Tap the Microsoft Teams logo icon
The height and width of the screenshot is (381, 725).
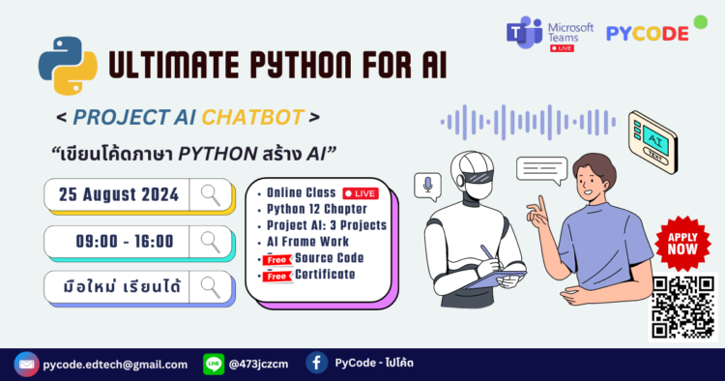point(526,32)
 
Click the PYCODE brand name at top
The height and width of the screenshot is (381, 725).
point(647,33)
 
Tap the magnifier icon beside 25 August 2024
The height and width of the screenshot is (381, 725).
point(211,194)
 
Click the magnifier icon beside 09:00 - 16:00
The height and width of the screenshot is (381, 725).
point(211,241)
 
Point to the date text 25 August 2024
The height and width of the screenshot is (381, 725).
point(120,194)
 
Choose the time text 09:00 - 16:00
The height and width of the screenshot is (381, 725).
point(125,241)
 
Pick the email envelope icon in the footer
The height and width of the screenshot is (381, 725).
point(26,364)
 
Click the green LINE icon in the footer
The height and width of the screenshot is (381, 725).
point(214,364)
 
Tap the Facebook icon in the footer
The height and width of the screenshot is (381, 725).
point(315,364)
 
